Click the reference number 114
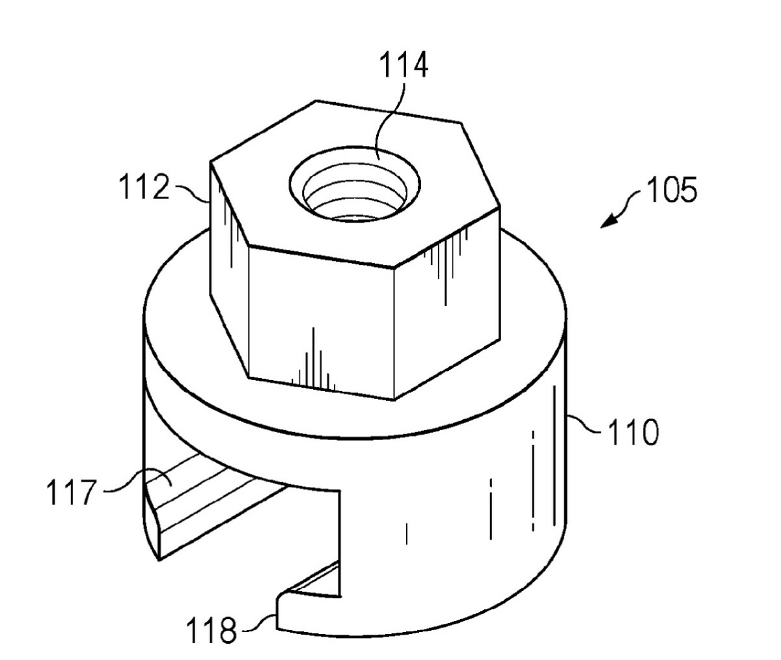[x=404, y=65]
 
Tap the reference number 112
[x=144, y=187]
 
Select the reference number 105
[x=672, y=189]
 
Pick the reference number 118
[x=212, y=630]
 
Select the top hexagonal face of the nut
[x=355, y=184]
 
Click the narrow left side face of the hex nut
[x=228, y=269]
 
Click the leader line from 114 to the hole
[x=390, y=120]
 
